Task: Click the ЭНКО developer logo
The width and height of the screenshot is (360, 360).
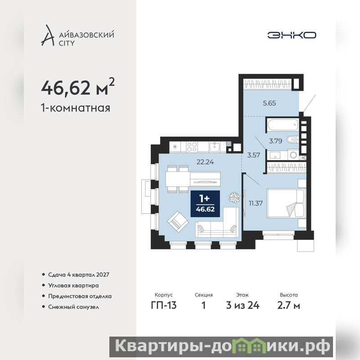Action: (x=292, y=35)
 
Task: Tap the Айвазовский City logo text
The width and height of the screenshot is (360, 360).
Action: (x=86, y=39)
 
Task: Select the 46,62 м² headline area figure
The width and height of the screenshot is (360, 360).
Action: (x=77, y=87)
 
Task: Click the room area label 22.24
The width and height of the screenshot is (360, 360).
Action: (x=205, y=162)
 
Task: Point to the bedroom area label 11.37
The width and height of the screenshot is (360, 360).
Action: (x=256, y=203)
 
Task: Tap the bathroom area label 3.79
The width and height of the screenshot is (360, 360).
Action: (x=275, y=141)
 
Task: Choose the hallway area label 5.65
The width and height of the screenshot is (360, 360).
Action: (x=269, y=103)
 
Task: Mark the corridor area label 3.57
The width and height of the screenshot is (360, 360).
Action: (x=253, y=155)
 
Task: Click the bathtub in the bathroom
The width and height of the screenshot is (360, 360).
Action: (x=283, y=125)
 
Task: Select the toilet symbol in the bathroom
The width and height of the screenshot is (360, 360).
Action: (x=292, y=139)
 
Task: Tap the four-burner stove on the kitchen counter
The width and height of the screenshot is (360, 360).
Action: (x=192, y=147)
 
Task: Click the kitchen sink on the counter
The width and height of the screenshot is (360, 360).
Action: (x=215, y=147)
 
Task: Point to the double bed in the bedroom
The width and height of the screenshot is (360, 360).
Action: (x=286, y=203)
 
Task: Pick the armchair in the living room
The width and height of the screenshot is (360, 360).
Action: (x=178, y=222)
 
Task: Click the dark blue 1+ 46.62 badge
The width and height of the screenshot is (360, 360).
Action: (x=205, y=204)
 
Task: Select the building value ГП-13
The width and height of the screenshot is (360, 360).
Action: (x=164, y=306)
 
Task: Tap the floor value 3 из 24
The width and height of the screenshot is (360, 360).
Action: (x=243, y=306)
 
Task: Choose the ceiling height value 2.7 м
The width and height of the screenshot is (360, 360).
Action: (x=288, y=306)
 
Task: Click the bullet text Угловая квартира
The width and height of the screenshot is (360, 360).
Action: (x=73, y=285)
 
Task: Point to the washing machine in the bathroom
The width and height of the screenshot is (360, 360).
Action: (x=293, y=155)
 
